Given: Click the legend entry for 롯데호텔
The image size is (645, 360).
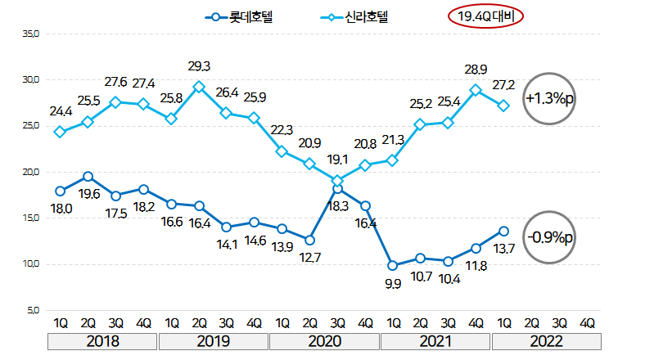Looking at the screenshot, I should pos(243,16).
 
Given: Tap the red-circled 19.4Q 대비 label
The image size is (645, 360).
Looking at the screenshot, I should pos(485,16).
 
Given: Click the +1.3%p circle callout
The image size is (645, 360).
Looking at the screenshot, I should pos(551,98).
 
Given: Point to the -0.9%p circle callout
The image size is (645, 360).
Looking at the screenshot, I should pos(551,237).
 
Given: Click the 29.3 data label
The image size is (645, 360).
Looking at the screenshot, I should pos(199,66).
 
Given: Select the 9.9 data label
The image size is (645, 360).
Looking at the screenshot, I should pos(394,283).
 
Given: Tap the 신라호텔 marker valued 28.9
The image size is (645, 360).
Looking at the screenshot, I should pos(476,90).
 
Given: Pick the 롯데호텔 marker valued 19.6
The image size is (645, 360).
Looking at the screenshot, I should pos(88,177).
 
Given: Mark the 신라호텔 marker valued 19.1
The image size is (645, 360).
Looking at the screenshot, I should pos(337,181).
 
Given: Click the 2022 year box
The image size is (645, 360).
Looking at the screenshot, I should pos(546,340).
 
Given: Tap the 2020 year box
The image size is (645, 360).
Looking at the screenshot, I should pos(324,340).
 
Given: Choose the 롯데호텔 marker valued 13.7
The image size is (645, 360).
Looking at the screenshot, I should pos(503,231).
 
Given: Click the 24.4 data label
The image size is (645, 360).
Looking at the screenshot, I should pos(61,111).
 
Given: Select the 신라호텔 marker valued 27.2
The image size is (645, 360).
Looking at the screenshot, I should pos(503,106).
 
